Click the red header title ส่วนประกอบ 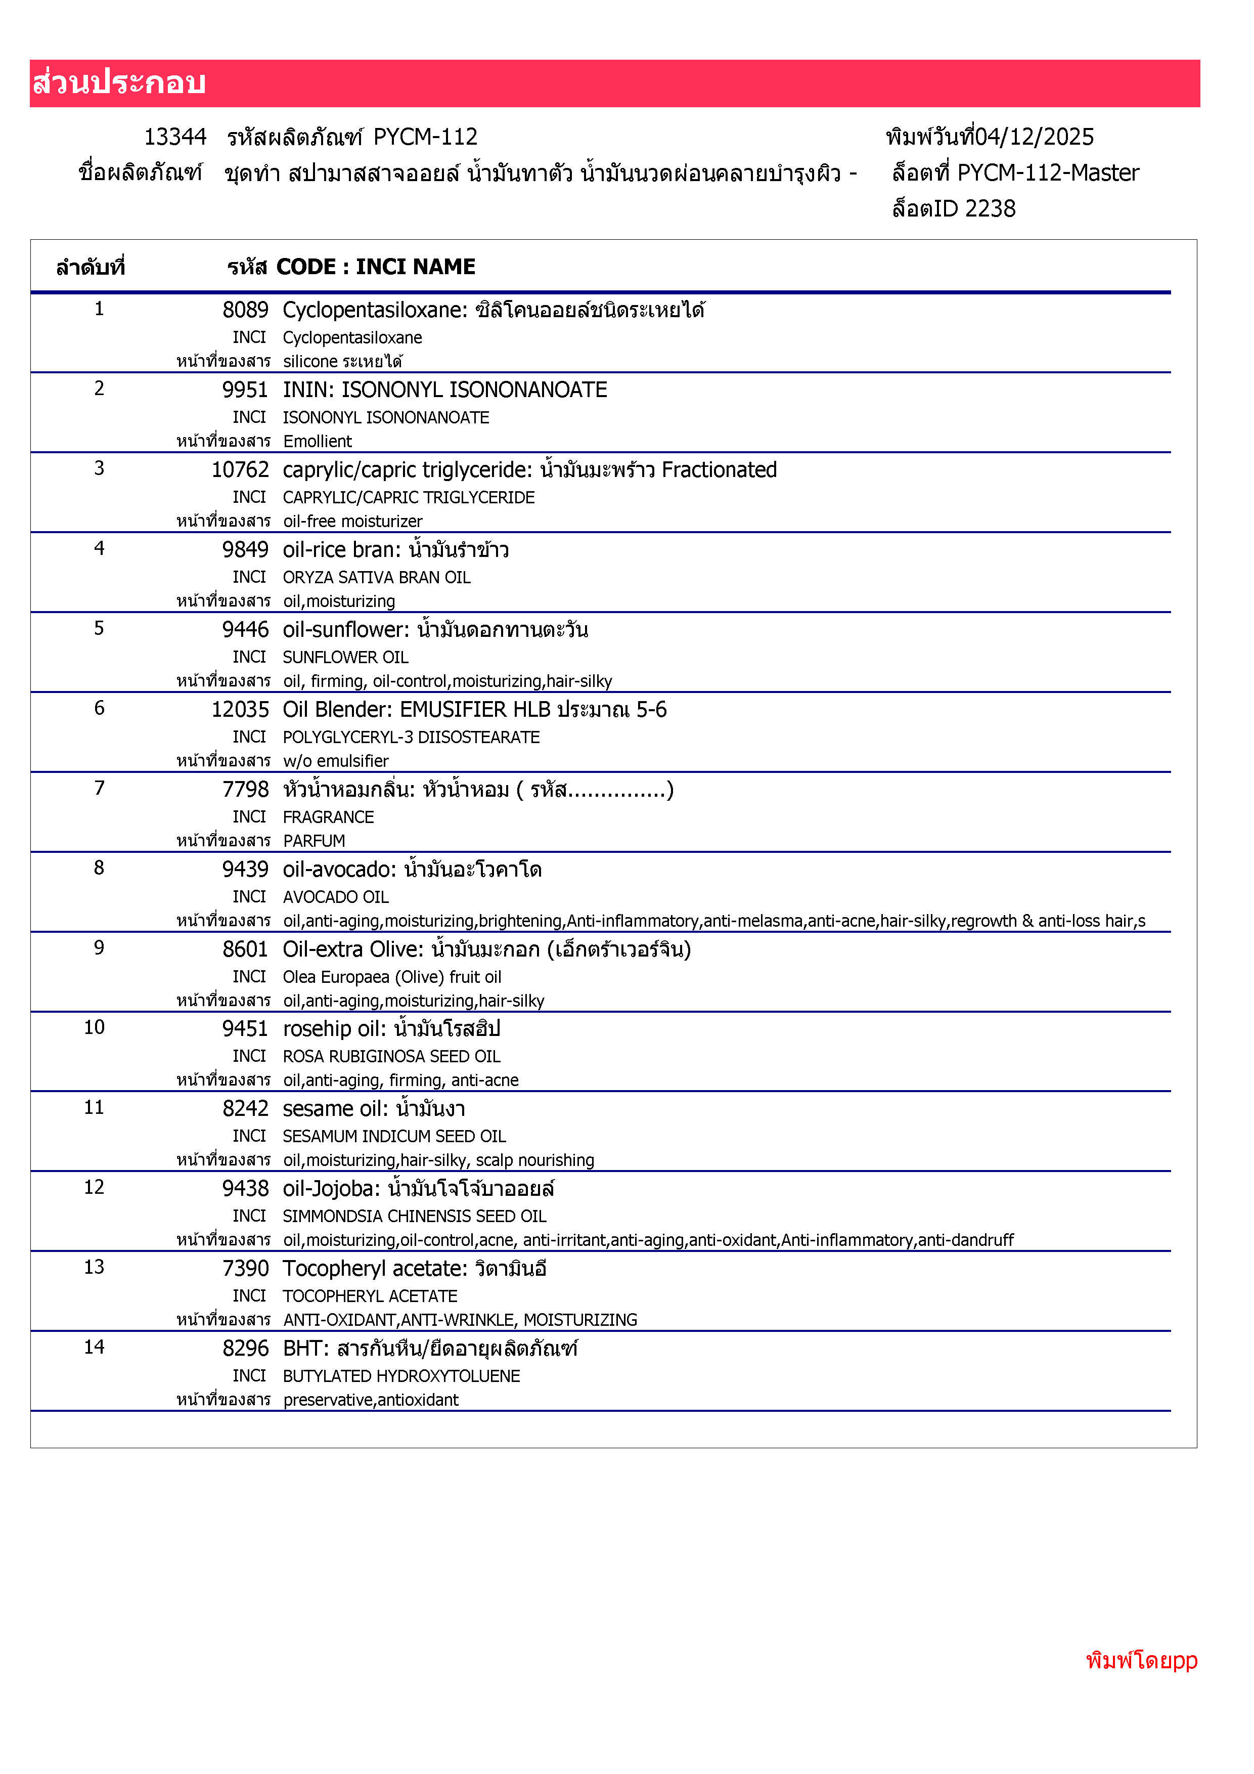click(x=119, y=82)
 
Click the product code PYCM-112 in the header click(x=425, y=138)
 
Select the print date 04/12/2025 click(x=1034, y=138)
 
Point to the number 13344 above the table click(x=175, y=138)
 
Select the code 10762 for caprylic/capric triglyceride click(x=240, y=470)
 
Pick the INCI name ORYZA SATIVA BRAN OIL click(x=376, y=578)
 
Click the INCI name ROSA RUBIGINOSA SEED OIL click(x=391, y=1057)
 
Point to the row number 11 click(x=94, y=1108)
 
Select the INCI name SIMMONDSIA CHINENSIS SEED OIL click(x=414, y=1217)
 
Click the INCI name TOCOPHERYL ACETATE click(x=370, y=1296)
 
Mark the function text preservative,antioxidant click(x=371, y=1401)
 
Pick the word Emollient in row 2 click(x=318, y=442)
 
